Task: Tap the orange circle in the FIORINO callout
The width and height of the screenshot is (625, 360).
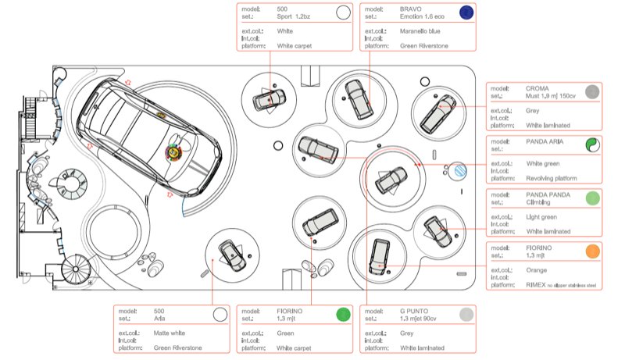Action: [x=592, y=251]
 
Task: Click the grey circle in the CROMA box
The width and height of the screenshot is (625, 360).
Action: [x=592, y=92]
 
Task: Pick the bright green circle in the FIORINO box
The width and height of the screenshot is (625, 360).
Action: [x=342, y=315]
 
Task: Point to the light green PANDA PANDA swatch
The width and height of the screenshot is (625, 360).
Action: [x=592, y=198]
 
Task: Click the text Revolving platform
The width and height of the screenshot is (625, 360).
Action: [x=553, y=179]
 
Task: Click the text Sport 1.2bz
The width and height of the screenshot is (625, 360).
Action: [x=295, y=15]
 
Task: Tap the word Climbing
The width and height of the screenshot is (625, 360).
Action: [x=538, y=201]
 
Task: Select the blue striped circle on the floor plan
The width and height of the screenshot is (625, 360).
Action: [x=459, y=169]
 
